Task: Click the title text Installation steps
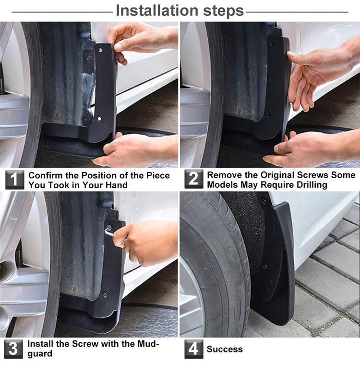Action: click(x=180, y=10)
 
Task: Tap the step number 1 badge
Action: click(x=15, y=180)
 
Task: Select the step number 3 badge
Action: click(x=13, y=349)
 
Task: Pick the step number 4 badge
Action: click(x=193, y=349)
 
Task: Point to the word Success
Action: click(x=225, y=349)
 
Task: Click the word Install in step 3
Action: click(x=40, y=344)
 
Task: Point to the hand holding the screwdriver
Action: click(x=144, y=242)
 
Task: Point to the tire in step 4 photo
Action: click(x=216, y=269)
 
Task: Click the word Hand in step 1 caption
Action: click(x=116, y=185)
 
